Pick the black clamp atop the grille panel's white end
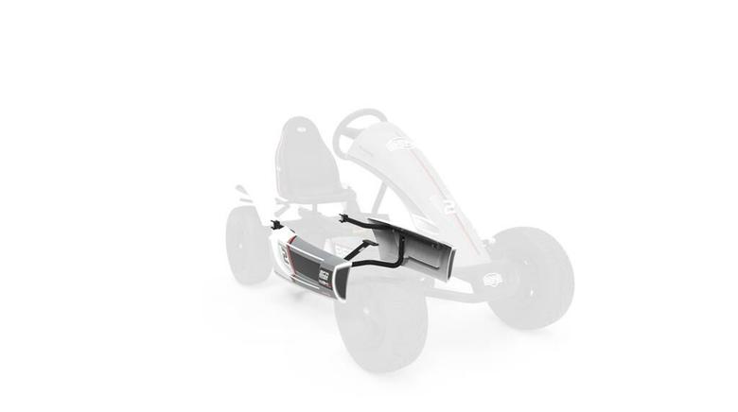pos(276,227)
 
